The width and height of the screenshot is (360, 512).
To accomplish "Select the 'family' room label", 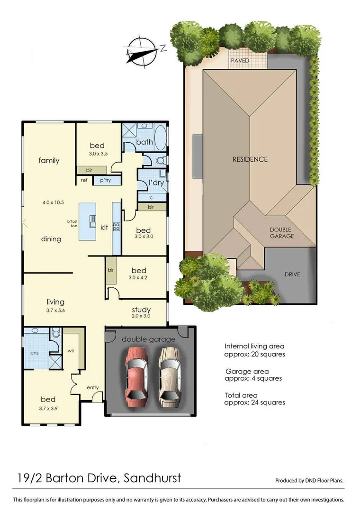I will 49,161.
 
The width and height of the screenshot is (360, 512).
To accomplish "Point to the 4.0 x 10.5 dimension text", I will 53,202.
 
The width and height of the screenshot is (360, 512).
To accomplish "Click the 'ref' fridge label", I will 84,180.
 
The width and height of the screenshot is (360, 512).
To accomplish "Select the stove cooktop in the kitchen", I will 117,227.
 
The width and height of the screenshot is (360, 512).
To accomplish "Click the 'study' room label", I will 141,309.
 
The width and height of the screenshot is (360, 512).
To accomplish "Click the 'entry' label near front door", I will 93,388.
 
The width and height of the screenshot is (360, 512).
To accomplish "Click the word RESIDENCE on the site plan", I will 250,159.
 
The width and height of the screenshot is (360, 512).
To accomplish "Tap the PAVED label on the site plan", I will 240,61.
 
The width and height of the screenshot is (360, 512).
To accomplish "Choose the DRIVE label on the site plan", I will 292,274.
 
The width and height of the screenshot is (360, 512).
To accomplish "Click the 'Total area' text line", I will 242,394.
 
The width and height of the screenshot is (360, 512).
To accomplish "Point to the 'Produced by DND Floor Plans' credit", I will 309,480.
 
